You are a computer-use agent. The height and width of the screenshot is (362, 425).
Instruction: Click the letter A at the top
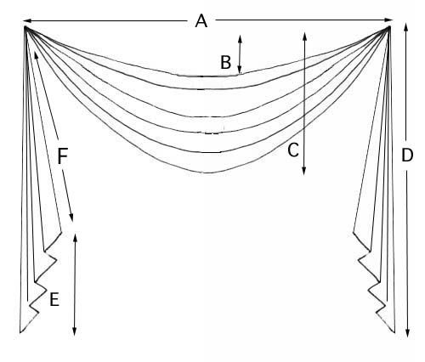coord(201,21)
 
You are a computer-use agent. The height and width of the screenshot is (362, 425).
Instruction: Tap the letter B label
coord(225,62)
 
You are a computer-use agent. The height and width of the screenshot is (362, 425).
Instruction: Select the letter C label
coord(293,150)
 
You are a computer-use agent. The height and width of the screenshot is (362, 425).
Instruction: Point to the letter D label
coord(407,156)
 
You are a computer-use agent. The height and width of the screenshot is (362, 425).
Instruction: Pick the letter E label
coord(54,299)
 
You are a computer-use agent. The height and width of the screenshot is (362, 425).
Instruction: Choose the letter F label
coord(62,156)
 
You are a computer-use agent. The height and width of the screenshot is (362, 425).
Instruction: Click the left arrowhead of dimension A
coord(27,20)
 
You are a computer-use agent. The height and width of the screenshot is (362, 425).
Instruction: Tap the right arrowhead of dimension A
coord(388,20)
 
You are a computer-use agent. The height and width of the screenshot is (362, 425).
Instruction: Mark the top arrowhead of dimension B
coord(240,38)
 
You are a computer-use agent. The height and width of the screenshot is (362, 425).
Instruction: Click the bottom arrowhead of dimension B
coord(240,70)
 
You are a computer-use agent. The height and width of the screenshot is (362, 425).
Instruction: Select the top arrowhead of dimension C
coord(305,36)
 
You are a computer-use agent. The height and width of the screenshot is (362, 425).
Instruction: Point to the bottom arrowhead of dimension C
coord(303,171)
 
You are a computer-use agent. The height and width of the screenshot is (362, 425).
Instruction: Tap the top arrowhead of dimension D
coord(406,27)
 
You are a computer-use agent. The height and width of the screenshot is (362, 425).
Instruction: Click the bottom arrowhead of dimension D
coord(407,333)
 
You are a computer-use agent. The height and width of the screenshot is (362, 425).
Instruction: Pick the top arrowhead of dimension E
coord(75,237)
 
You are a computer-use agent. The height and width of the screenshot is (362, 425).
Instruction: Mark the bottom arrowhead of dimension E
coord(74,331)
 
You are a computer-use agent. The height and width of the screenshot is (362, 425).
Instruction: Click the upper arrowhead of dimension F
coord(36,55)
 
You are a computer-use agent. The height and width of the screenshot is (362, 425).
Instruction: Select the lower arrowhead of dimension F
coord(71,218)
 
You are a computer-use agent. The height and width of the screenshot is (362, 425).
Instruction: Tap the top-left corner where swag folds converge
coord(25,27)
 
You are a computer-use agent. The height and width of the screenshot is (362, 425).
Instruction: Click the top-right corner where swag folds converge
coord(390,27)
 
